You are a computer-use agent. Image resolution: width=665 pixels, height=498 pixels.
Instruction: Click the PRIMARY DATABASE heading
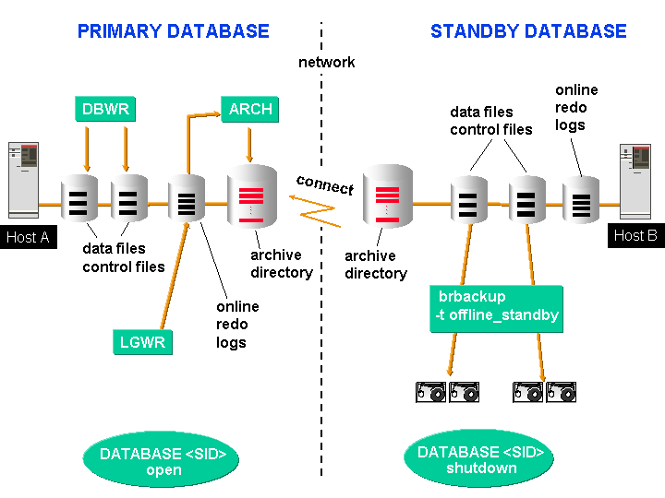173,31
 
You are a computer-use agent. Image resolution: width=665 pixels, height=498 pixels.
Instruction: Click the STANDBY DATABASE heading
528,31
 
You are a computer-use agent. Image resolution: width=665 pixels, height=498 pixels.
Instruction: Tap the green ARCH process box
250,109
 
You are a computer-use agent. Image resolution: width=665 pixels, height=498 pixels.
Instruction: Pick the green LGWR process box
143,343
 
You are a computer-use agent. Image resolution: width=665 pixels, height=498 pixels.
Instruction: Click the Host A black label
28,237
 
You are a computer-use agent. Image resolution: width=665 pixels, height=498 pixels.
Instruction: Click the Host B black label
635,235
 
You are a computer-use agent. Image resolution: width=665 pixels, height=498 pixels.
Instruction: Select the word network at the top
327,63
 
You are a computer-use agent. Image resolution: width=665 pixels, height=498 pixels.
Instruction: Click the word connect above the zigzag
325,184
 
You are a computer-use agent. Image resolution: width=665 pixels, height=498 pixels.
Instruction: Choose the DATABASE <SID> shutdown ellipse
481,460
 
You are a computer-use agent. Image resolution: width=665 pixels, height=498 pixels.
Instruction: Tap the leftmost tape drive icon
431,392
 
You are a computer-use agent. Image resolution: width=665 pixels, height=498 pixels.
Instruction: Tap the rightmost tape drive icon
561,392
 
